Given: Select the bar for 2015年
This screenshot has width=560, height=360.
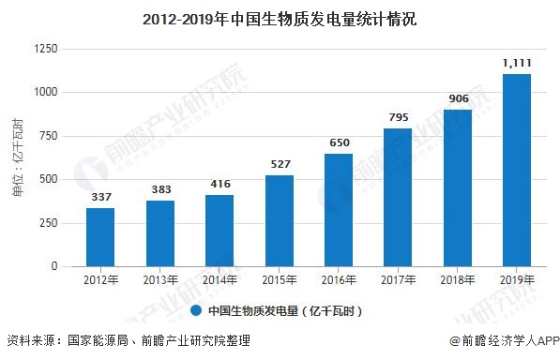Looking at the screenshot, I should pos(280,220).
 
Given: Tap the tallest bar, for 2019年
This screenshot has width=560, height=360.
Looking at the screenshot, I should pos(517,170).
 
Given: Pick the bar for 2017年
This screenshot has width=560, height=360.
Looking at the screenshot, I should pos(398,197).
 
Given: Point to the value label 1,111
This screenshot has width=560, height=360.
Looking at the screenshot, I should pos(517,63).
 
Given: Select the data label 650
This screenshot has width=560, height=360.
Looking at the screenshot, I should pos(340,142).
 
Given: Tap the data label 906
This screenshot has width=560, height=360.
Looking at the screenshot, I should pos(458,98).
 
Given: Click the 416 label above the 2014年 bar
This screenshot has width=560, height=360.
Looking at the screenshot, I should pos(219,184).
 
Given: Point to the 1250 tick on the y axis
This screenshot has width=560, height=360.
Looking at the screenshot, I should pos(44,49).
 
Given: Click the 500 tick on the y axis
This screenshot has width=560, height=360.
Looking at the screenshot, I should pos(48,180).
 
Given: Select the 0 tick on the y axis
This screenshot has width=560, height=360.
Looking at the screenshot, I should pos(54,267).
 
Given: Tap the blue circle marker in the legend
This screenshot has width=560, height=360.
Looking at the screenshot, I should pos(196,309).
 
